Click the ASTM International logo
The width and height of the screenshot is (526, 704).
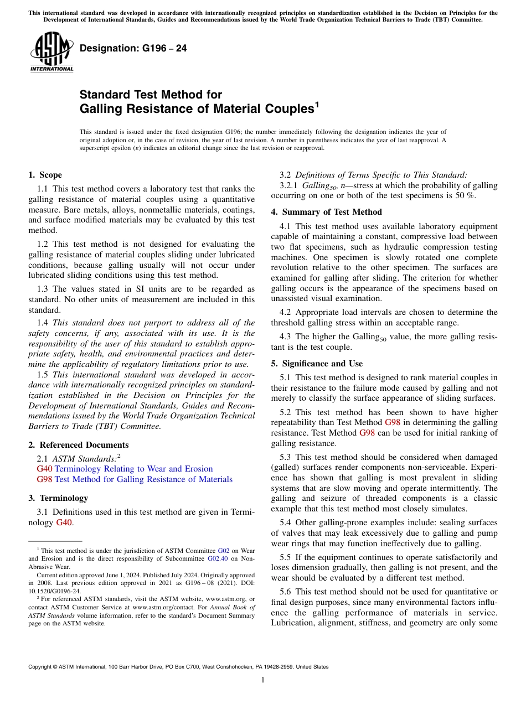[51, 51]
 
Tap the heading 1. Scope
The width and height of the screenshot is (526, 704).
[45, 175]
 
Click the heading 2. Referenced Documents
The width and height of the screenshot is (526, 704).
[78, 445]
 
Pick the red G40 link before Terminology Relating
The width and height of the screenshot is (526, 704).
[44, 469]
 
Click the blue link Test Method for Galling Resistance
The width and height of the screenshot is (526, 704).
[143, 479]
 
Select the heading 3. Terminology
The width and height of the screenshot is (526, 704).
[58, 498]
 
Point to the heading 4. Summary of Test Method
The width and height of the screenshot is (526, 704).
[326, 212]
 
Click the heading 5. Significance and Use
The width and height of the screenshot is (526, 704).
[317, 364]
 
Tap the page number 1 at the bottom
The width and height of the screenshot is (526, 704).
[263, 680]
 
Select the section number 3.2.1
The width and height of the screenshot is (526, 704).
[290, 185]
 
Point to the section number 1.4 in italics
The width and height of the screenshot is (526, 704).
[43, 323]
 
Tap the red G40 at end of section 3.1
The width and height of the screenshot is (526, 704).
[64, 522]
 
